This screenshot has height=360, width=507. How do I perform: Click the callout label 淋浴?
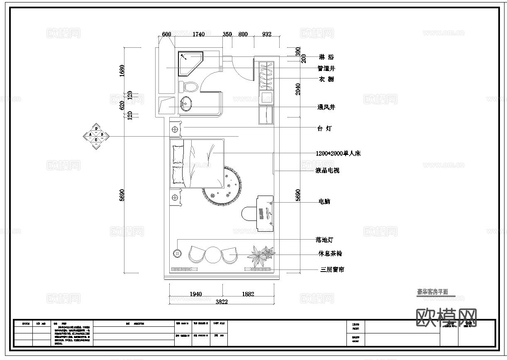pos(326,57)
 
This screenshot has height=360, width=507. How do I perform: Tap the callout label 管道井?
pos(326,69)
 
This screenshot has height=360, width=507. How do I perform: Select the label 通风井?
pos(326,107)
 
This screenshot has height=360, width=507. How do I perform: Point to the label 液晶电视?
pos(327,170)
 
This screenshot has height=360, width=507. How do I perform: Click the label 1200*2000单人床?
pos(338,153)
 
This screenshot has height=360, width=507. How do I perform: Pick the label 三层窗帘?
pos(332,269)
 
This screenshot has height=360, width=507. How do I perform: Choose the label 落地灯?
pos(324,240)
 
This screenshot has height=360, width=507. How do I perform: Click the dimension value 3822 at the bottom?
pos(222,302)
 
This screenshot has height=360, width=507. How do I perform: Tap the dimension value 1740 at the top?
pos(198,34)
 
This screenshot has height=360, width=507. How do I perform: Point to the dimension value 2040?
pos(298,89)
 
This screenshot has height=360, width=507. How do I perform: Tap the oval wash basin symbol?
pos(186,103)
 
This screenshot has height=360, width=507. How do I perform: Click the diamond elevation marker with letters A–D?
pos(96,136)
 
